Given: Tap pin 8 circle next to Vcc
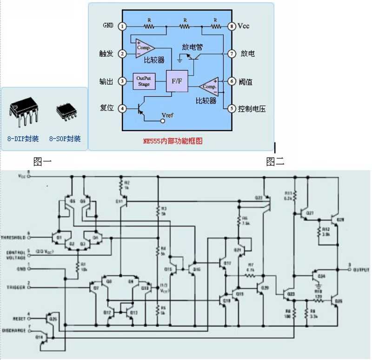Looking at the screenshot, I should pos(231,27).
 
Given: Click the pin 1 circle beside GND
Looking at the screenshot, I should pos(122,27).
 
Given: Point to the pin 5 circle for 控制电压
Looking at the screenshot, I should pos(231,109).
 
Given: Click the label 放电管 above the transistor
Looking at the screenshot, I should pos(193,47).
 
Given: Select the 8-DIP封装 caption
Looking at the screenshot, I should pos(23,139).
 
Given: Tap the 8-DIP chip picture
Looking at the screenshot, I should pos(23,110).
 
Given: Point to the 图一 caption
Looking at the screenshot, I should pos(42,161).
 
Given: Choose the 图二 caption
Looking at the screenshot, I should pos(275,161).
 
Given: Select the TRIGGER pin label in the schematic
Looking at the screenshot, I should pos(15,287).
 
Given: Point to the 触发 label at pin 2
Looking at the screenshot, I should pos(106,53).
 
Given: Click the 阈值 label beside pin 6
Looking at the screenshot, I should pos(246,81).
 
